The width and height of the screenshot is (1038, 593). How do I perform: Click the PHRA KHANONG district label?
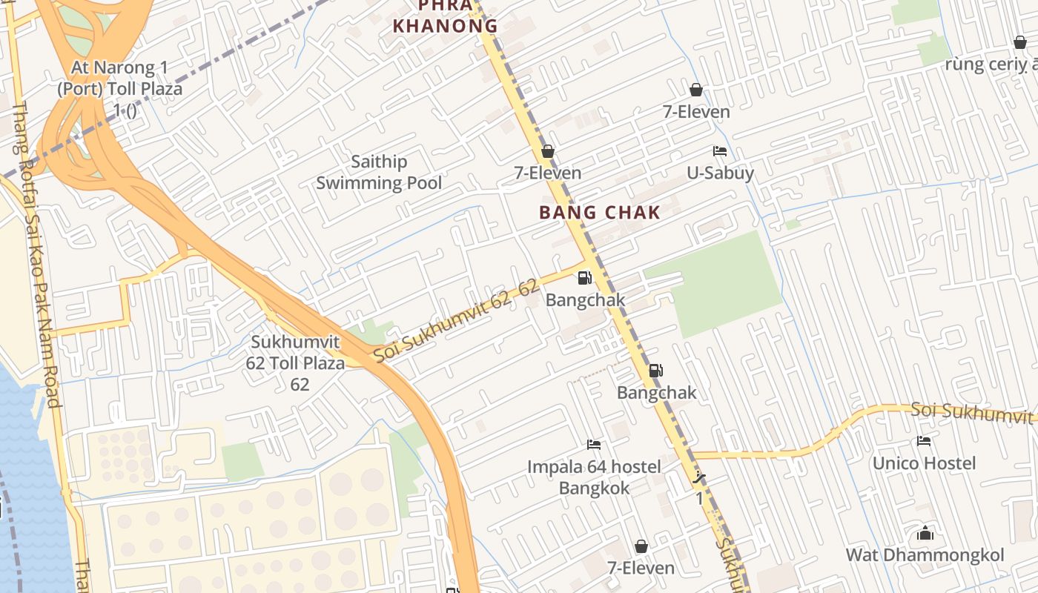[x=445, y=16]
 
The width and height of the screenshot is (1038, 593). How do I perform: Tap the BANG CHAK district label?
[x=599, y=213]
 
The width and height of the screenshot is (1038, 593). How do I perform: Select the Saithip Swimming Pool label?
[x=379, y=172]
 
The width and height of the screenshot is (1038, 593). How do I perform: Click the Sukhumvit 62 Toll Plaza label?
[x=296, y=363]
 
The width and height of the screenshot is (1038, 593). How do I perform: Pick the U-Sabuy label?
[x=720, y=173]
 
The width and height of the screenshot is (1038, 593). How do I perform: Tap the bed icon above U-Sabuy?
[x=719, y=151]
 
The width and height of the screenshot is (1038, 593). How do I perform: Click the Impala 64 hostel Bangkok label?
[x=594, y=477]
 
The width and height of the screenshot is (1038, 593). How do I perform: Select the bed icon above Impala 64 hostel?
[x=594, y=445]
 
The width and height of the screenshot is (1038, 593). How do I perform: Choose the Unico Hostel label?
[x=924, y=463]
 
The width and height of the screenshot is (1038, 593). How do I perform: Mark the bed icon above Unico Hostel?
[x=924, y=441]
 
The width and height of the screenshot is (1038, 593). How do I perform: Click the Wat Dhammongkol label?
[x=925, y=555]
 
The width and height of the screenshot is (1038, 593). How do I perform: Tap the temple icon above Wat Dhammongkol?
[x=925, y=533]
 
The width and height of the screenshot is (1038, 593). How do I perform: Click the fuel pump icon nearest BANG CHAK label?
[x=585, y=278]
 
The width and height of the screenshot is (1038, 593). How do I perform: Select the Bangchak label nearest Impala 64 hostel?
[x=657, y=392]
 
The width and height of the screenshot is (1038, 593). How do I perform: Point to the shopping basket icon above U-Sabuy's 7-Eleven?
[x=696, y=90]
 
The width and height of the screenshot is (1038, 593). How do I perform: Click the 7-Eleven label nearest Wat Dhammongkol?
[x=641, y=568]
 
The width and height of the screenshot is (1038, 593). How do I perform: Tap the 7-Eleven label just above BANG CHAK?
[x=548, y=173]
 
